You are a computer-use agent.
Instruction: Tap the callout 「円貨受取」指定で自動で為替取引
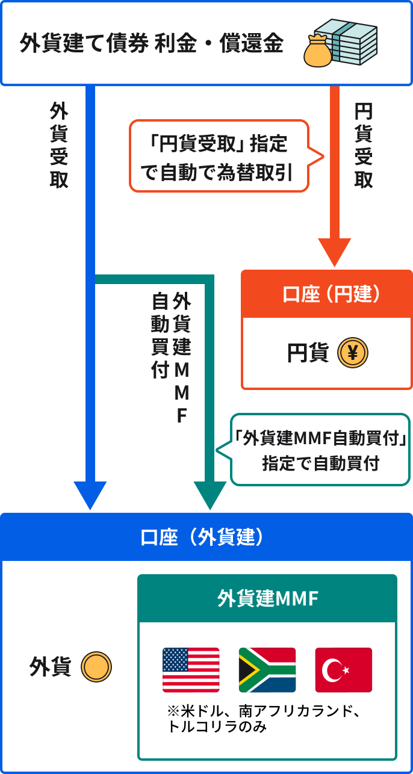point(219,156)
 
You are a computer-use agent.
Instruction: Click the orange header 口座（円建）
point(327,294)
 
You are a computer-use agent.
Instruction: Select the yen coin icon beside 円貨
point(353,354)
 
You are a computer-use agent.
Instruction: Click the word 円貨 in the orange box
point(308,354)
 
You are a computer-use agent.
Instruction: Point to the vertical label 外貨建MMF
point(181,358)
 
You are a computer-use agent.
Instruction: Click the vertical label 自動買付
point(160,335)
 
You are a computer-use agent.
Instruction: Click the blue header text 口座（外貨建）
point(202,537)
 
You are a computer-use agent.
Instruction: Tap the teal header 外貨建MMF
point(267,599)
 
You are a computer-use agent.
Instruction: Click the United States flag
point(191,670)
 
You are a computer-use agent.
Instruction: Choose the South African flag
point(267,670)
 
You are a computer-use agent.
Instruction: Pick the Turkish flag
point(344,670)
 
